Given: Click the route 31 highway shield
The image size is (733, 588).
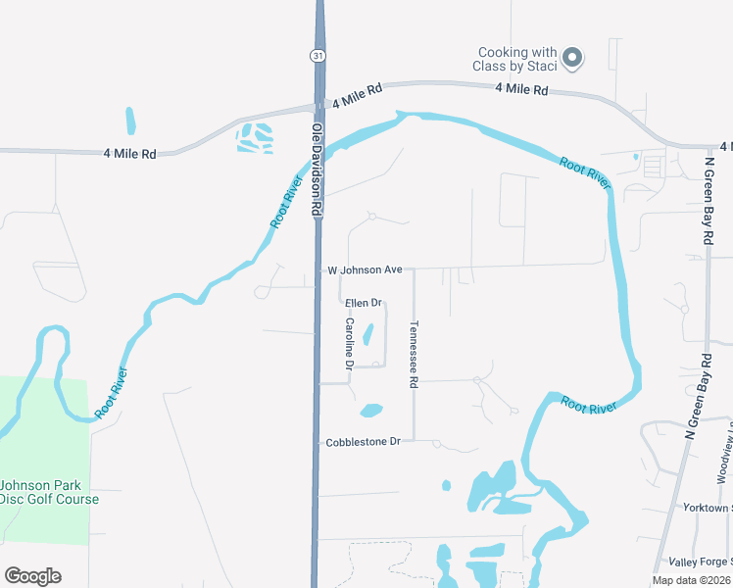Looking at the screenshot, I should pyautogui.click(x=318, y=57).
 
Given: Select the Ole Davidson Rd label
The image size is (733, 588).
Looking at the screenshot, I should pyautogui.click(x=318, y=170).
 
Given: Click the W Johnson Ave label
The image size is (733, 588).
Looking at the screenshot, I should pyautogui.click(x=365, y=269).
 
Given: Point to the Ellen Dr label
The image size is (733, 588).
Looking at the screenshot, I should pyautogui.click(x=363, y=304).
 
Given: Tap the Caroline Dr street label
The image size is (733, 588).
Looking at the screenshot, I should pyautogui.click(x=348, y=342).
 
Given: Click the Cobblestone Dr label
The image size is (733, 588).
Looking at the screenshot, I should pyautogui.click(x=363, y=442).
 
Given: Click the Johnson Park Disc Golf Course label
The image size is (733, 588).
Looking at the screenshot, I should pyautogui.click(x=49, y=492).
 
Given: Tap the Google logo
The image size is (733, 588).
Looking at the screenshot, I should pyautogui.click(x=32, y=576).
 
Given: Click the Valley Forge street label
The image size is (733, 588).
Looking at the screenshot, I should pyautogui.click(x=700, y=562).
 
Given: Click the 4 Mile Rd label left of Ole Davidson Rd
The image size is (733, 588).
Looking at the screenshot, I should pyautogui.click(x=129, y=154).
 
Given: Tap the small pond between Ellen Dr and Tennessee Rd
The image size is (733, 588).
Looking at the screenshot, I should pyautogui.click(x=368, y=334).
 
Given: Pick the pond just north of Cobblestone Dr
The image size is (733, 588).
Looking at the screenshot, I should pyautogui.click(x=371, y=411).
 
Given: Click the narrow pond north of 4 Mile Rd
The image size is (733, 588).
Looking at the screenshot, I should pyautogui.click(x=130, y=121).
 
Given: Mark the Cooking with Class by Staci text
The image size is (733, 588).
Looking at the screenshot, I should pyautogui.click(x=517, y=59).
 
